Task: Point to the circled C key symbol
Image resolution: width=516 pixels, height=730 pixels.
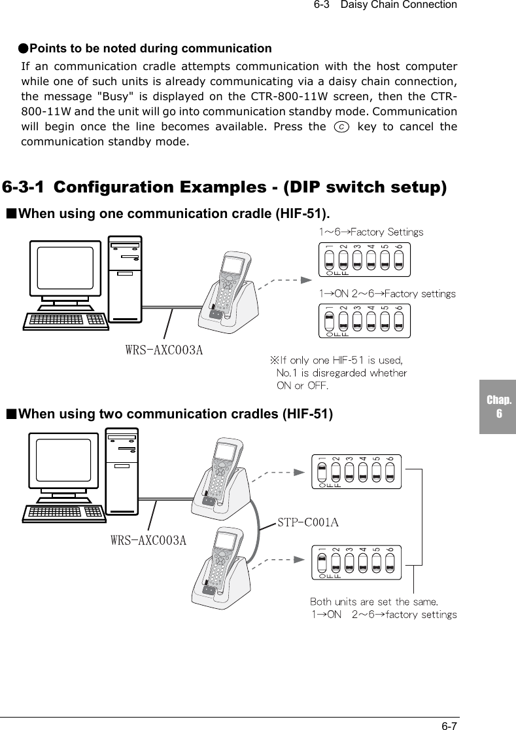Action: pos(335,126)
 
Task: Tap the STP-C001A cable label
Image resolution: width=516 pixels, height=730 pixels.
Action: pos(308,522)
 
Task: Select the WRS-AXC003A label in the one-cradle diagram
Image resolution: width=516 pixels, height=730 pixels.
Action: pos(163,350)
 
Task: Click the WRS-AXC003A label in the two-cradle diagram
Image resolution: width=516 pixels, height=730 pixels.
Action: pos(148,541)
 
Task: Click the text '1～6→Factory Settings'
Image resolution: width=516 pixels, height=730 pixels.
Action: pos(371,232)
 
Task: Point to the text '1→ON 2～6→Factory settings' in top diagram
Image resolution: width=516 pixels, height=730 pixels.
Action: pos(387,294)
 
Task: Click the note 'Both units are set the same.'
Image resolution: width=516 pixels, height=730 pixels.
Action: pos(373,601)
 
